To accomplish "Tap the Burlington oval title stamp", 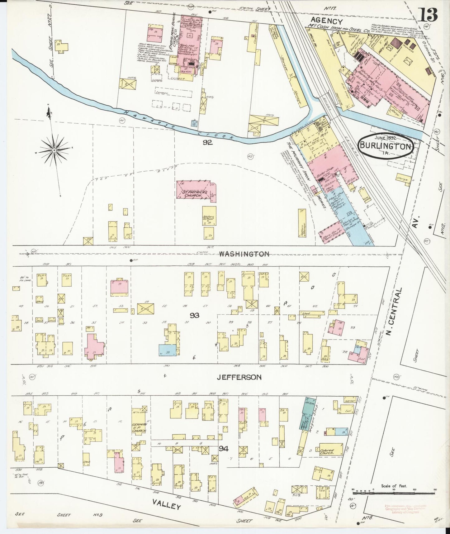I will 386,146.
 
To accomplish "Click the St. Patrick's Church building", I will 195,190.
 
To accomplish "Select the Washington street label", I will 244,254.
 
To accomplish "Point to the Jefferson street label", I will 239,377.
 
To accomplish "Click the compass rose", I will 54,150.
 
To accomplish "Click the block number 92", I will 207,142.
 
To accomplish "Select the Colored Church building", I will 331,452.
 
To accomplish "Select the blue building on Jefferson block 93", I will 167,350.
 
